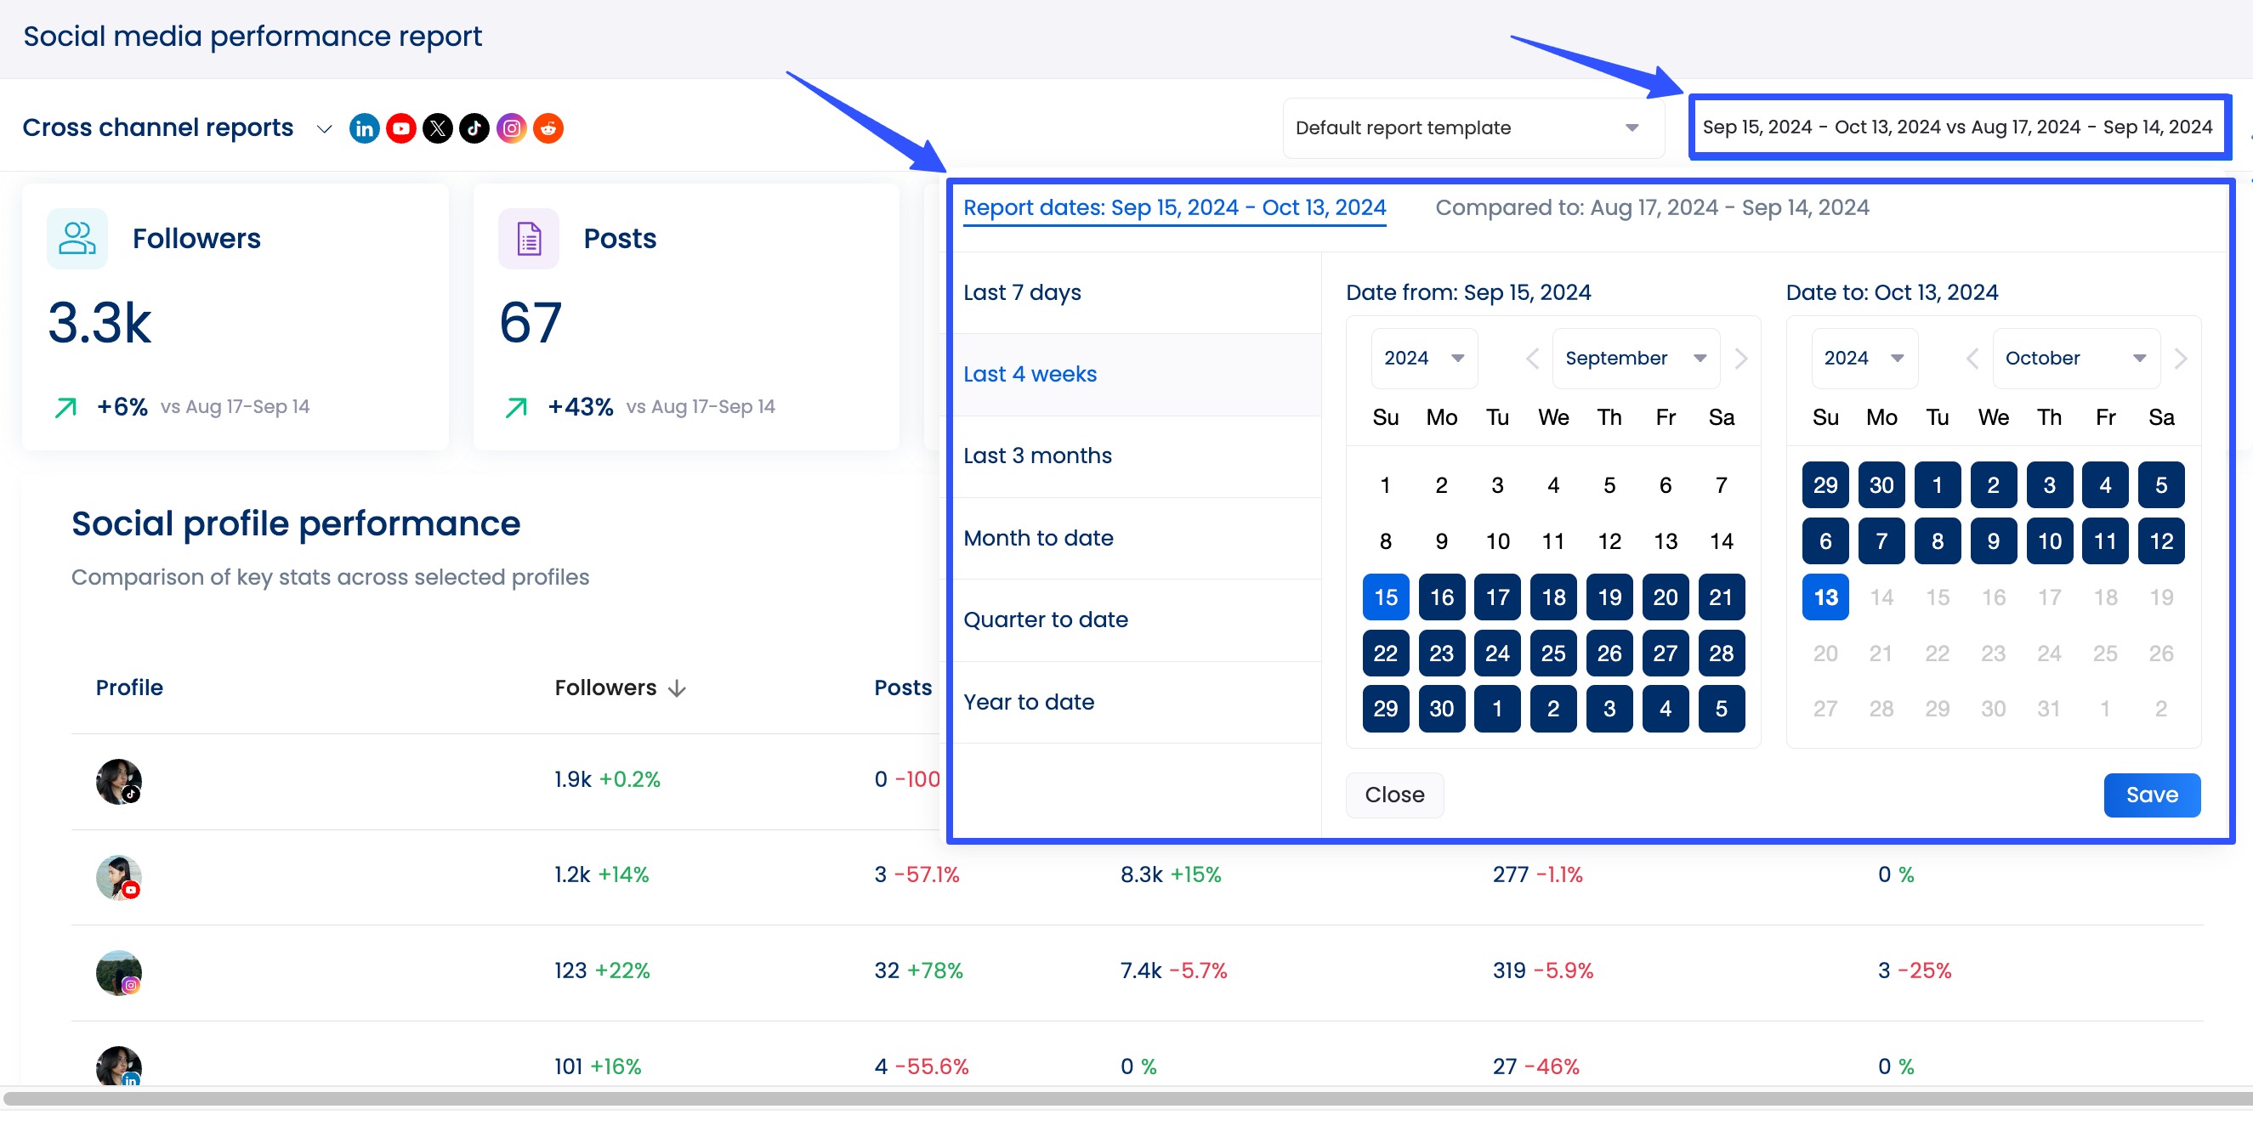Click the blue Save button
(x=2151, y=795)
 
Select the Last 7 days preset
(x=1022, y=292)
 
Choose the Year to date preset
(x=1029, y=702)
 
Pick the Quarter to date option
(x=1045, y=620)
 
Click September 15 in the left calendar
(x=1386, y=597)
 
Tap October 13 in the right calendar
(x=1825, y=597)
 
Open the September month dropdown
(x=1635, y=359)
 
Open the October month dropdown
(x=2074, y=359)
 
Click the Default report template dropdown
(x=1472, y=127)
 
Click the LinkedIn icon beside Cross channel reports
(x=364, y=128)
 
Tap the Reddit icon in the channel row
(x=548, y=128)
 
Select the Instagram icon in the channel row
(x=512, y=128)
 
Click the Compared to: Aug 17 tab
(x=1651, y=208)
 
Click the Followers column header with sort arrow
(x=619, y=688)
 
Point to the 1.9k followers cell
(x=573, y=779)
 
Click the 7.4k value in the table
(x=1140, y=970)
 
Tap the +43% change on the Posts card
(x=580, y=406)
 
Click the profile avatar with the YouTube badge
(x=119, y=877)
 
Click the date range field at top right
(x=1957, y=127)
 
